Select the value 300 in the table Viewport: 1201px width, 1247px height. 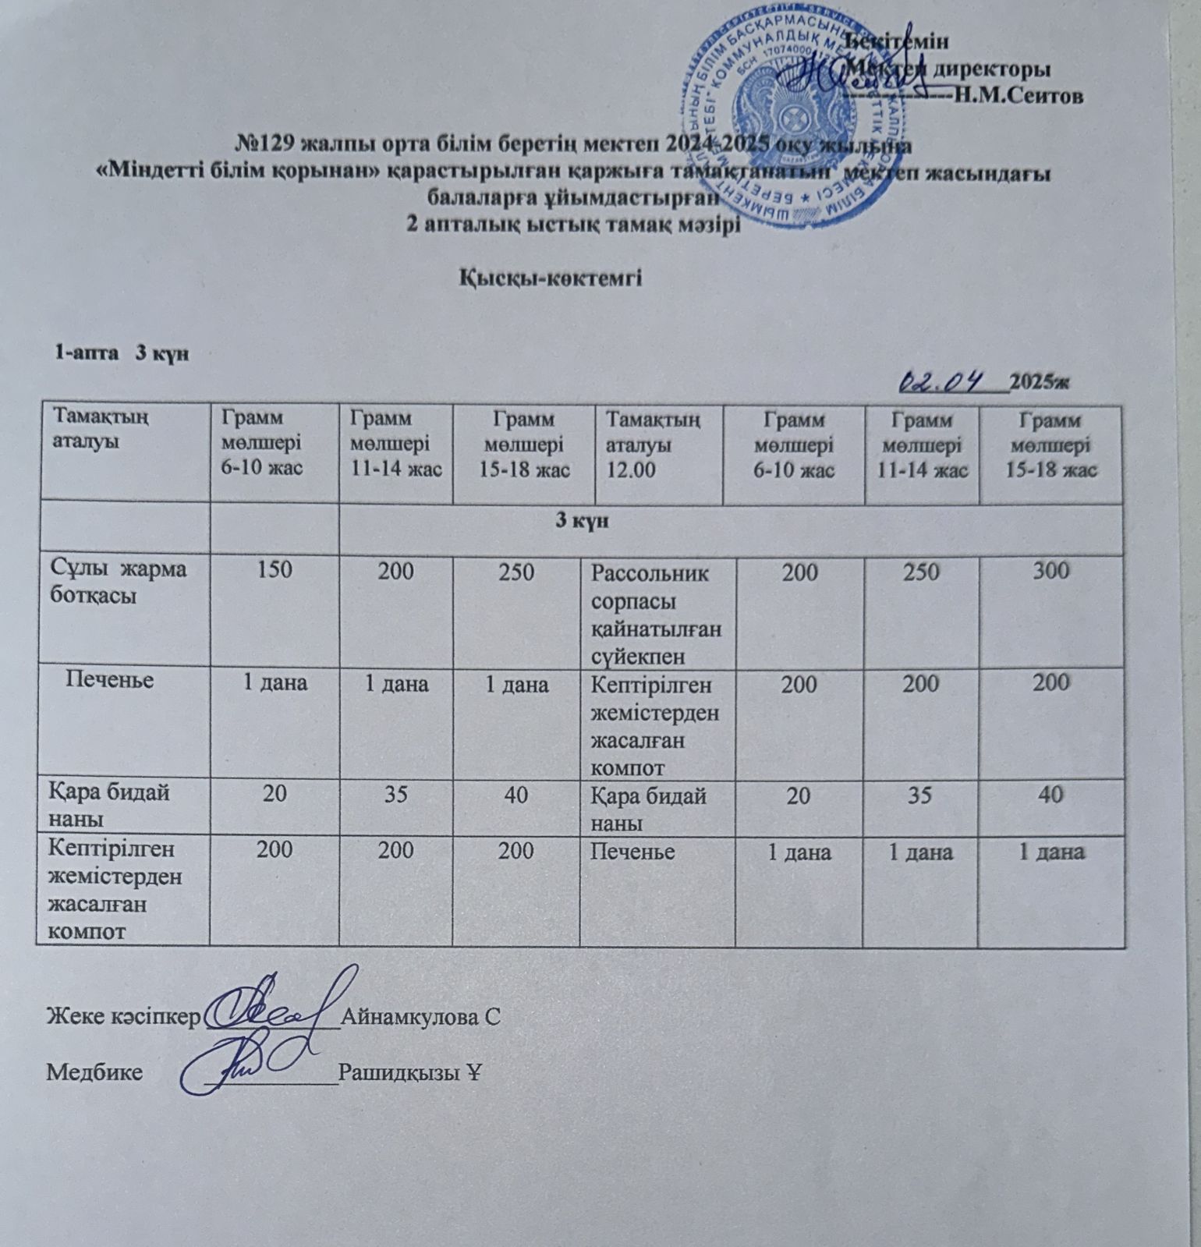1050,571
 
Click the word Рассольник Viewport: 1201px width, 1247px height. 650,574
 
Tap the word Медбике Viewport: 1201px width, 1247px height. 94,1072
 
